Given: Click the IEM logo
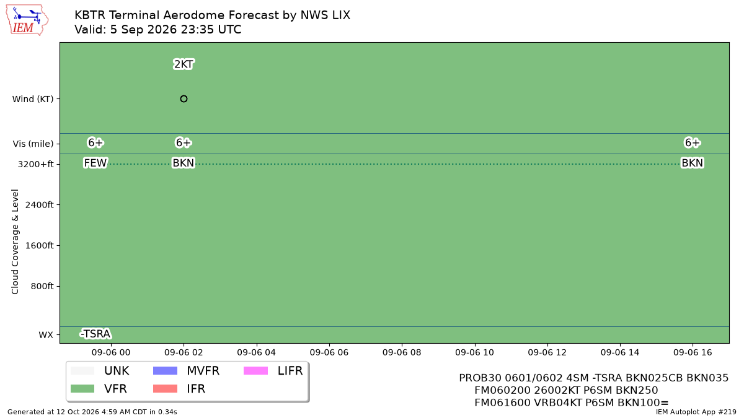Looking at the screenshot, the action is click(x=27, y=20).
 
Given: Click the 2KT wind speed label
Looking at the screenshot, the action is click(x=184, y=64).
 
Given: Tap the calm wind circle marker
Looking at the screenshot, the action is click(x=184, y=99).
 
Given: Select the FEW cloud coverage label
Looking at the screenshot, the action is click(x=95, y=163).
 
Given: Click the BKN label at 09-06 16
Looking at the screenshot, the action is click(x=692, y=163).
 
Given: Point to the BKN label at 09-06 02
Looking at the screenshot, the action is click(x=184, y=163).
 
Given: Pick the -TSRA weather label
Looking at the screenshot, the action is click(x=95, y=333).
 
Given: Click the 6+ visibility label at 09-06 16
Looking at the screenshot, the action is click(x=693, y=142).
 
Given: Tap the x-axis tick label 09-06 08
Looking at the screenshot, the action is click(x=402, y=352).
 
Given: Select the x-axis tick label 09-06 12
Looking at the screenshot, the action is click(x=547, y=352).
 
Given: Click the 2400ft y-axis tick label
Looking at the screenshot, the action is click(x=39, y=205).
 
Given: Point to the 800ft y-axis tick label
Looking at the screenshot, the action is click(x=42, y=286).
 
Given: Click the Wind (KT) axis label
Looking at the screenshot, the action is click(x=33, y=99).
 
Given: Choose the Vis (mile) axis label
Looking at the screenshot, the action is click(x=33, y=144).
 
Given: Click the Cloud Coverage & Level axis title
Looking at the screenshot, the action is click(x=15, y=242).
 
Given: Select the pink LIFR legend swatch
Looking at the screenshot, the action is click(x=255, y=370).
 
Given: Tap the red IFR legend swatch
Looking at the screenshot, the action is click(x=165, y=388).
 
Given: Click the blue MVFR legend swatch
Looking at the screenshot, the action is click(x=165, y=370).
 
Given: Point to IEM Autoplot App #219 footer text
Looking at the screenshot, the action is click(x=696, y=412).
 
